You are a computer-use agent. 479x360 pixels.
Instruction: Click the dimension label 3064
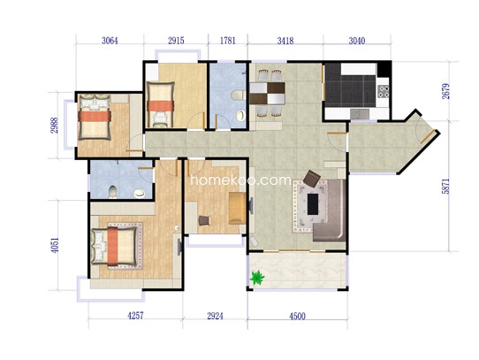pyautogui.click(x=110, y=41)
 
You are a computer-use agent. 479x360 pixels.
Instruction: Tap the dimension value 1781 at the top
pyautogui.click(x=228, y=41)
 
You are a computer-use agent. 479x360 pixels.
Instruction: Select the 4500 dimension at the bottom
pyautogui.click(x=297, y=316)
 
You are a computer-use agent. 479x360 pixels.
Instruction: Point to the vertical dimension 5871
pyautogui.click(x=445, y=186)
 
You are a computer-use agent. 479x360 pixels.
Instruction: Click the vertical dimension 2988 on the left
pyautogui.click(x=54, y=126)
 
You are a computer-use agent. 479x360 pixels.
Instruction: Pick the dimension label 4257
pyautogui.click(x=135, y=316)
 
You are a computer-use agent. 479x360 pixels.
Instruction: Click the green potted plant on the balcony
pyautogui.click(x=257, y=278)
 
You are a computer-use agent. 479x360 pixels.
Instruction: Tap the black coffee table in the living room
pyautogui.click(x=313, y=204)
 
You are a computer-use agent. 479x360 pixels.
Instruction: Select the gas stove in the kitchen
pyautogui.click(x=384, y=91)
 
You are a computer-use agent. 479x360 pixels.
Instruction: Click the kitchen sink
pyautogui.click(x=360, y=114)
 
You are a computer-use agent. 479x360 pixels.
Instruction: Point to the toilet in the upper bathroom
pyautogui.click(x=239, y=96)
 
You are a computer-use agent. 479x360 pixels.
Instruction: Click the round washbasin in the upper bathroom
pyautogui.click(x=241, y=115)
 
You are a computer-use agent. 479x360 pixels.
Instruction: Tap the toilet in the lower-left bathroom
pyautogui.click(x=113, y=192)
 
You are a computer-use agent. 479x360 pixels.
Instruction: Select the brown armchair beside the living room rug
pyautogui.click(x=312, y=179)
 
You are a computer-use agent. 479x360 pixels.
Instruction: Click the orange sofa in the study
pyautogui.click(x=238, y=208)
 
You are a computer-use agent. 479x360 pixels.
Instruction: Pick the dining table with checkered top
pyautogui.click(x=268, y=93)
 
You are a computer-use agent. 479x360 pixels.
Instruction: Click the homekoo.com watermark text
pyautogui.click(x=240, y=180)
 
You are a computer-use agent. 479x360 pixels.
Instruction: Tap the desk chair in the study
pyautogui.click(x=204, y=220)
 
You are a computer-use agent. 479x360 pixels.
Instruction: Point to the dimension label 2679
pyautogui.click(x=445, y=91)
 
